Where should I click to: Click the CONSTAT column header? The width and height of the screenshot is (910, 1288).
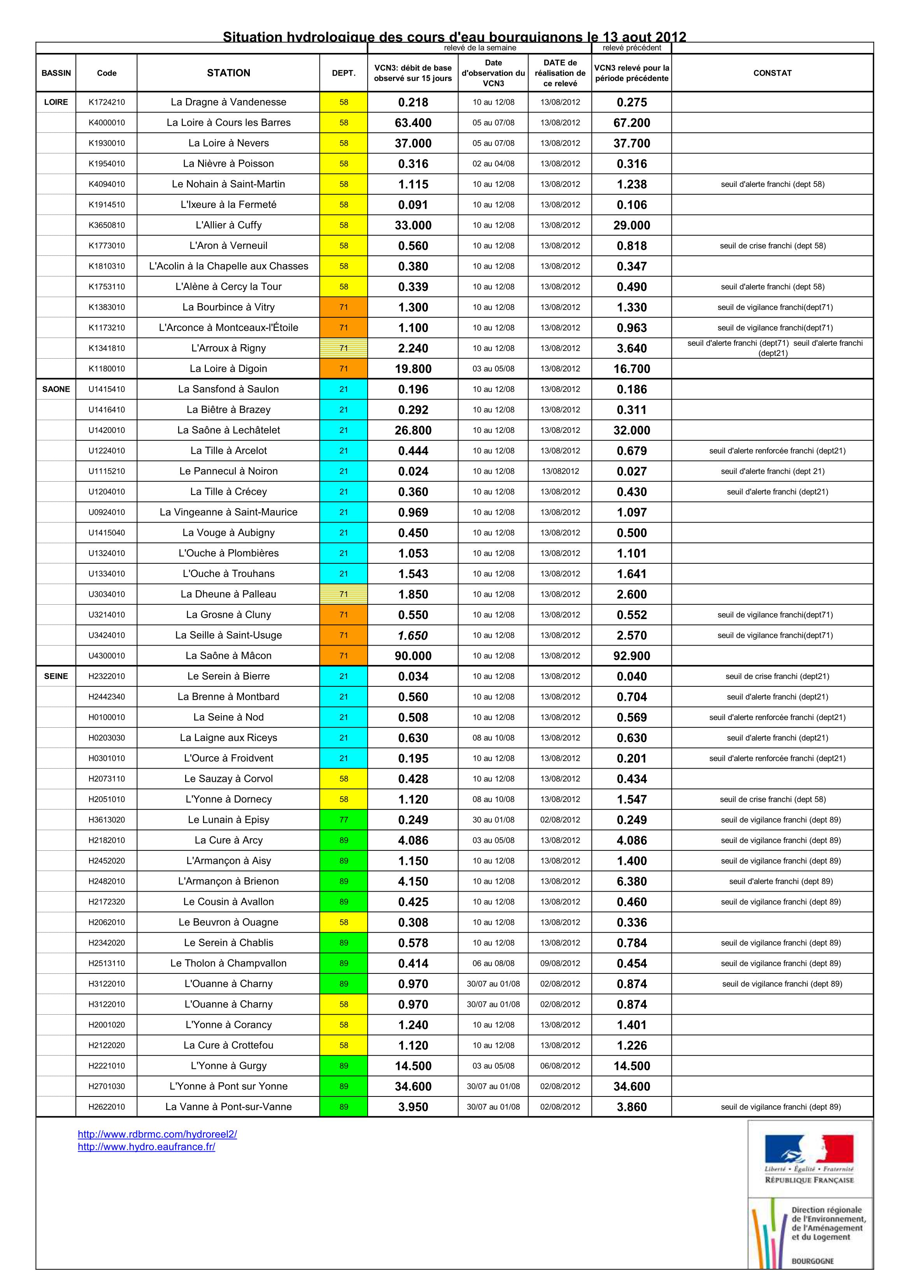[772, 73]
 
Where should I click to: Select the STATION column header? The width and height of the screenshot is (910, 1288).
[228, 73]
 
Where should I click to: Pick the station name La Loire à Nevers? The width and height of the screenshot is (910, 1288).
[228, 143]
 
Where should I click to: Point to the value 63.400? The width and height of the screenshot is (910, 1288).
[413, 123]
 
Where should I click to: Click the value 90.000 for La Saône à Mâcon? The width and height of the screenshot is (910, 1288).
[413, 656]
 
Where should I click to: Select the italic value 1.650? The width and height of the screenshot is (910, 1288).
[413, 635]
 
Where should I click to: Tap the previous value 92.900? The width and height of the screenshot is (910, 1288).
[631, 656]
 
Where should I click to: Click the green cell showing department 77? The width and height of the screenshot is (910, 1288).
[344, 820]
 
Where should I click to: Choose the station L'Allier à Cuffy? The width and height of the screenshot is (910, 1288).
[228, 225]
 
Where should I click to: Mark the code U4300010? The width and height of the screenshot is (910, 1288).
[107, 656]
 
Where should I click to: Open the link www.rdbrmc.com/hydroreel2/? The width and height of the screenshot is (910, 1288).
[158, 1134]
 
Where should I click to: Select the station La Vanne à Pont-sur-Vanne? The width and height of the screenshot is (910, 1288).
[228, 1107]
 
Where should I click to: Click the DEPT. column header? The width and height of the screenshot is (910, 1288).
[344, 73]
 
